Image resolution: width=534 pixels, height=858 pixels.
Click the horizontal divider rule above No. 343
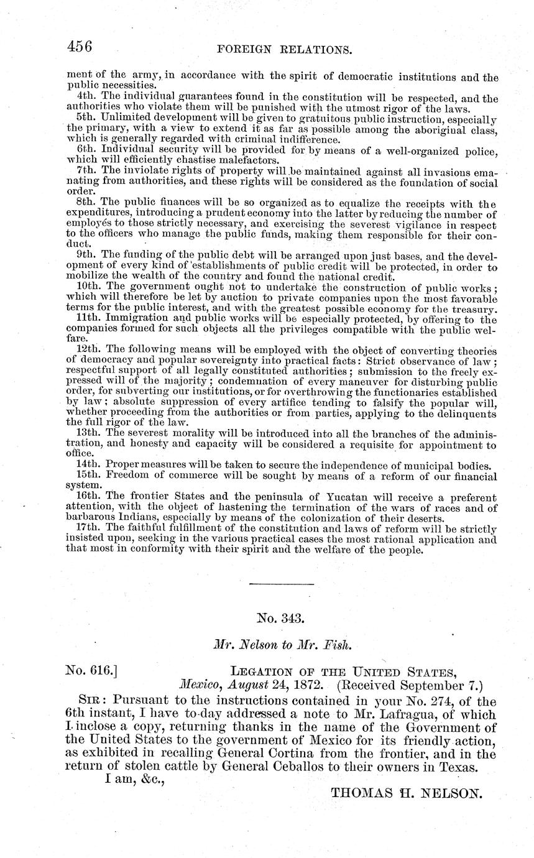[273, 583]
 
